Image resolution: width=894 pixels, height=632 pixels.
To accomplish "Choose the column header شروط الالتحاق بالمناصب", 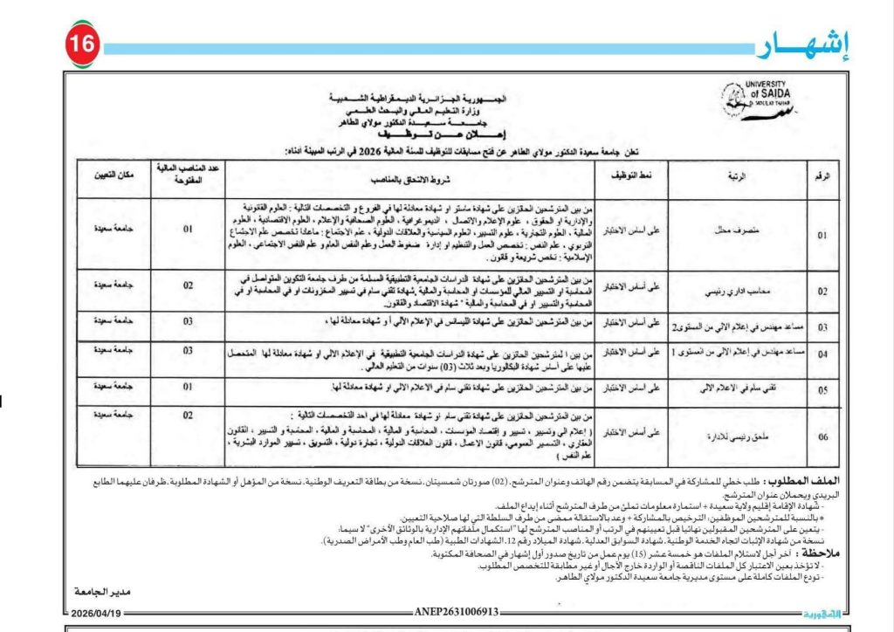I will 409,176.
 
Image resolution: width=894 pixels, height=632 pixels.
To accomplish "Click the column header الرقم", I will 822,176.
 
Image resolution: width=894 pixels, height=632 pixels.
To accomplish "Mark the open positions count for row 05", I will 187,385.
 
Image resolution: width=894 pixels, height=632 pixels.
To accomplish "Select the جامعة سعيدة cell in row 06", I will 114,414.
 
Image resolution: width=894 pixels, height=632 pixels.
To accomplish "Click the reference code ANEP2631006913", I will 456,612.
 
